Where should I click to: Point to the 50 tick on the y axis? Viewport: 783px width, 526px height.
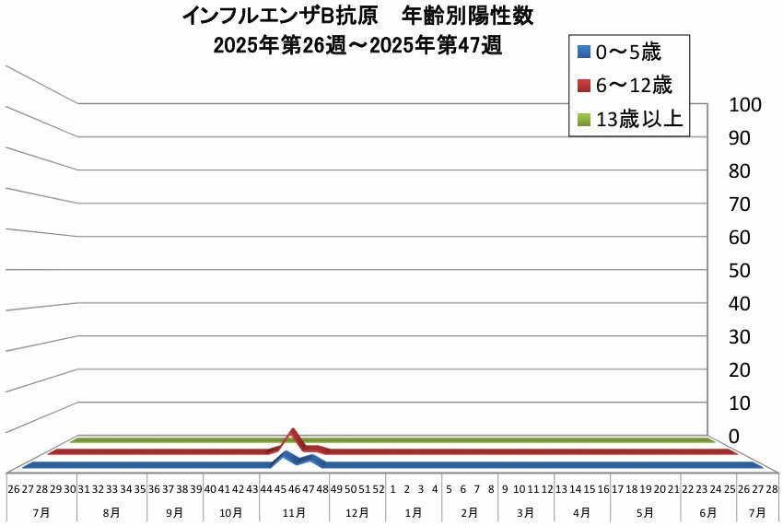(737, 271)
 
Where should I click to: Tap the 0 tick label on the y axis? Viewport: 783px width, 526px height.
(734, 436)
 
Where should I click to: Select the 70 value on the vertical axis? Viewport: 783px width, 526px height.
(737, 205)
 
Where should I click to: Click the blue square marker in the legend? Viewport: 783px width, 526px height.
(583, 52)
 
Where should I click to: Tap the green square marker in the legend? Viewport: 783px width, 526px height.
(583, 118)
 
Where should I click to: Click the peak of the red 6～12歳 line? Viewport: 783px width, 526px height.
(294, 431)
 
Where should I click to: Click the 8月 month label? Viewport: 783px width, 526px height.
(112, 511)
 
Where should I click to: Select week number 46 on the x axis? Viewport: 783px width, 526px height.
(294, 488)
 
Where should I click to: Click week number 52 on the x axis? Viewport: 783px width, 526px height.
(378, 488)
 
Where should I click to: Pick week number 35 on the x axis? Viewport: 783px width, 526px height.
(139, 488)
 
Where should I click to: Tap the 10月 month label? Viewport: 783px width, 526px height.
(232, 511)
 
